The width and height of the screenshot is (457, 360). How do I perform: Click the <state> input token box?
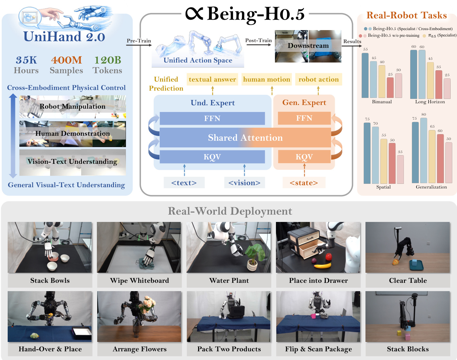[x=304, y=183]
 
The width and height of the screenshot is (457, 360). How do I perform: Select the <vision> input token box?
[x=245, y=183]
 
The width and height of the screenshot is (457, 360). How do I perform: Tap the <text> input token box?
[x=184, y=183]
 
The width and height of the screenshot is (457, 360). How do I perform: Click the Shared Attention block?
[x=245, y=137]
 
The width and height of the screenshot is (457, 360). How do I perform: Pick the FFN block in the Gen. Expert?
[x=304, y=118]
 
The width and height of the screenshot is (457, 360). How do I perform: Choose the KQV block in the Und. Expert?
[x=212, y=157]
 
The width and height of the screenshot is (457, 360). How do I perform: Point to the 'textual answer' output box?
[x=212, y=79]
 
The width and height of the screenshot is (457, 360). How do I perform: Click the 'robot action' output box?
[x=319, y=79]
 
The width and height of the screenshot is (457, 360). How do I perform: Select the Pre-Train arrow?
[x=139, y=45]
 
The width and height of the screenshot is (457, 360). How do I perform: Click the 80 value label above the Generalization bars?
[x=424, y=114]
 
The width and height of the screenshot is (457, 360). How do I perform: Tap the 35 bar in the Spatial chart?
[x=400, y=169]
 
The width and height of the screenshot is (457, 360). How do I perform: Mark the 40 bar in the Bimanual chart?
[x=382, y=82]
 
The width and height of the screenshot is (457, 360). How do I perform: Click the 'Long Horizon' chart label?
[x=430, y=102]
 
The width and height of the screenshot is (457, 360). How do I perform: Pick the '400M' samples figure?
[x=66, y=60]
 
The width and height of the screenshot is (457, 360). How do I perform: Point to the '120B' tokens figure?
[x=108, y=60]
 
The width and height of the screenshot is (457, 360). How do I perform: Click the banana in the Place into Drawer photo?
[x=323, y=265]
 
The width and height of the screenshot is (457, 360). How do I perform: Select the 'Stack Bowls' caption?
[x=50, y=280]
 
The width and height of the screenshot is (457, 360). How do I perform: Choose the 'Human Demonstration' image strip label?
[x=72, y=133]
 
